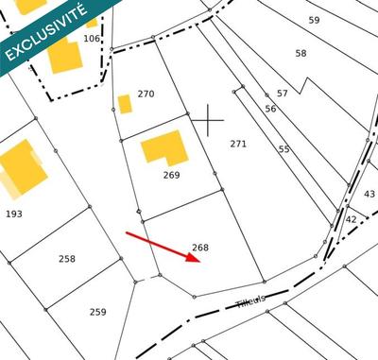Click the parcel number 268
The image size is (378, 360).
[x=199, y=248]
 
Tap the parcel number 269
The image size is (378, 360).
[x=171, y=175]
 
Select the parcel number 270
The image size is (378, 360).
[x=146, y=94]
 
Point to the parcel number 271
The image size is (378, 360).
[x=238, y=144]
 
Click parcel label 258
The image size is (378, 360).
[x=66, y=258]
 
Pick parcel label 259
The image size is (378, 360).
[x=97, y=312]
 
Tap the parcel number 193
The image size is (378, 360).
[x=13, y=214]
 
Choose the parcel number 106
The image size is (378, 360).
[x=91, y=39]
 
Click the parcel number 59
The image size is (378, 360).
[x=315, y=20]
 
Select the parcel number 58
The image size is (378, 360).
[x=301, y=54]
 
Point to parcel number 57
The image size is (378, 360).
[x=282, y=93]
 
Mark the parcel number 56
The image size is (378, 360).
[x=270, y=109]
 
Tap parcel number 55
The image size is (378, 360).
[x=283, y=149]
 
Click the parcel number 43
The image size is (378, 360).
[x=369, y=194]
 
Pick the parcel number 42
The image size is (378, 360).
[x=351, y=219]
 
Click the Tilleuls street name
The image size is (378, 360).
[x=250, y=300]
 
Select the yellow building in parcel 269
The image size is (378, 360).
[x=164, y=149]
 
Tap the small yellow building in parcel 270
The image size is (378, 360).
[x=124, y=104]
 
